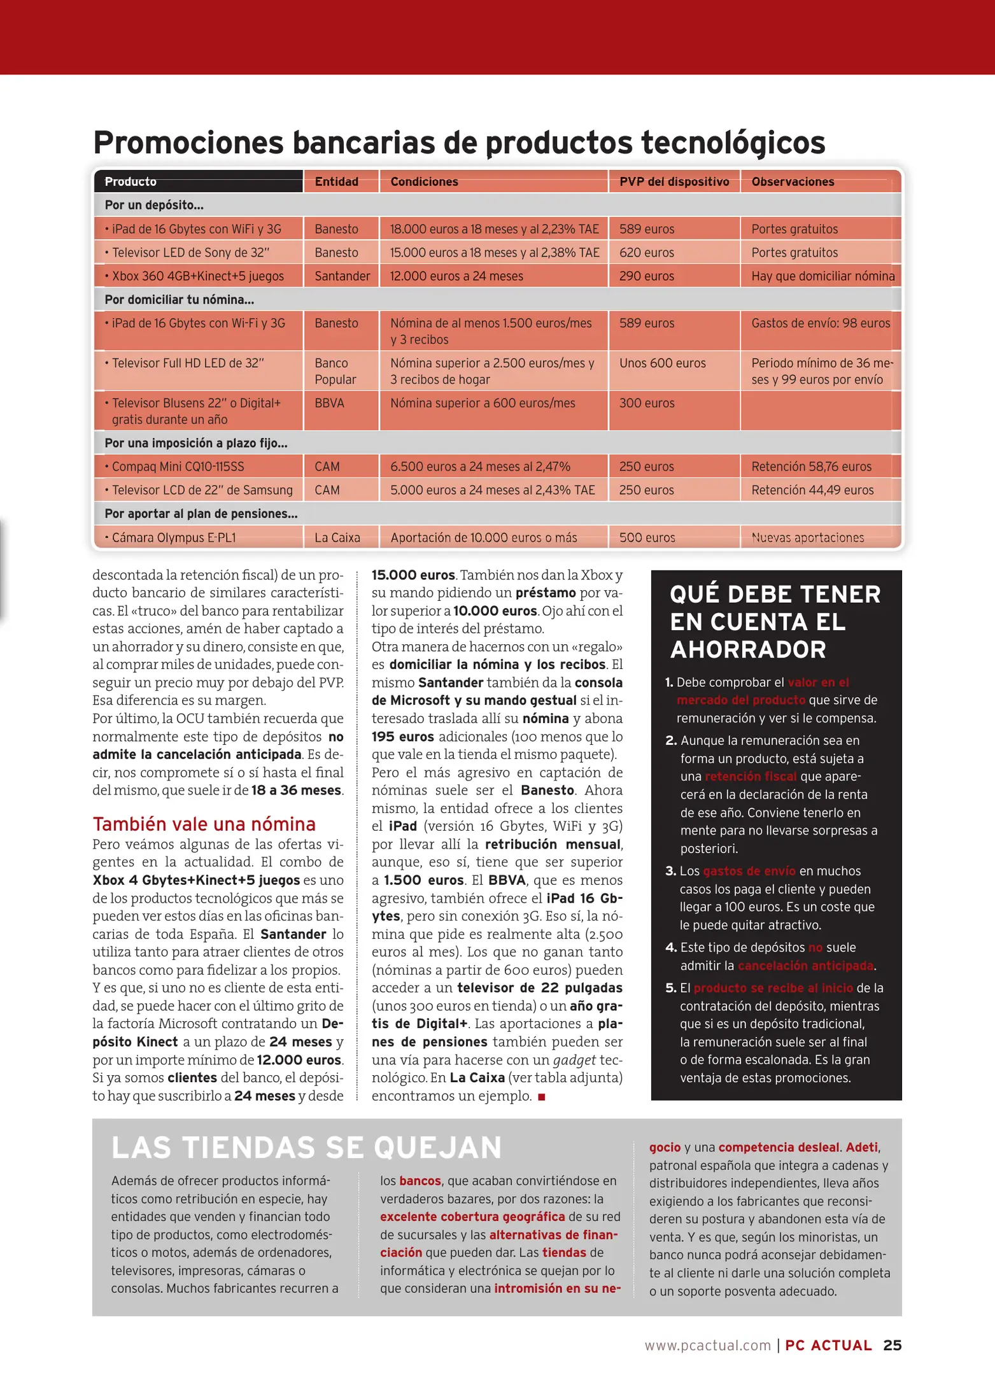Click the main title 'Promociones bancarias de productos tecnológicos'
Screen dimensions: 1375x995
(459, 142)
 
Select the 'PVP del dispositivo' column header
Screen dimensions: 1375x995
(674, 181)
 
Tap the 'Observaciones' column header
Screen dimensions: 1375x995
(792, 181)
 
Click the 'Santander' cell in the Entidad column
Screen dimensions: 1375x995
(342, 276)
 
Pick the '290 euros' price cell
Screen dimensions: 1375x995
(646, 276)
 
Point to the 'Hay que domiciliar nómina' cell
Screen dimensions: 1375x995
(822, 276)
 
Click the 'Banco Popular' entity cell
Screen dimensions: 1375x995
(335, 371)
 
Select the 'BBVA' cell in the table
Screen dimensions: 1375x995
(329, 403)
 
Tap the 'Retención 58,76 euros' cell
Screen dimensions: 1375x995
(810, 467)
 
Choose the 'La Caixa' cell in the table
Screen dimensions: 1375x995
(337, 538)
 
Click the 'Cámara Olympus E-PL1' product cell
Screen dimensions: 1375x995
(173, 538)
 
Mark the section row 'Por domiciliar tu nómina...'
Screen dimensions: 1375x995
(179, 300)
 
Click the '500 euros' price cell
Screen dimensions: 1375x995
(647, 538)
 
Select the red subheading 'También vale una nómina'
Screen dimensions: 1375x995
(204, 824)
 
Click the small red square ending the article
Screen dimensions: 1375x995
(542, 1097)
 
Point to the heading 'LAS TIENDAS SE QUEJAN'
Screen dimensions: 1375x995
(306, 1148)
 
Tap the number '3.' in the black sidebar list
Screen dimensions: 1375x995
(670, 871)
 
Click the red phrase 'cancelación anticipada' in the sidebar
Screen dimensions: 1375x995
(805, 966)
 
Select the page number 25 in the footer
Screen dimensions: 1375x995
(892, 1345)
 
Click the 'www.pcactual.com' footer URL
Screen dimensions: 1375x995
(707, 1345)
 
